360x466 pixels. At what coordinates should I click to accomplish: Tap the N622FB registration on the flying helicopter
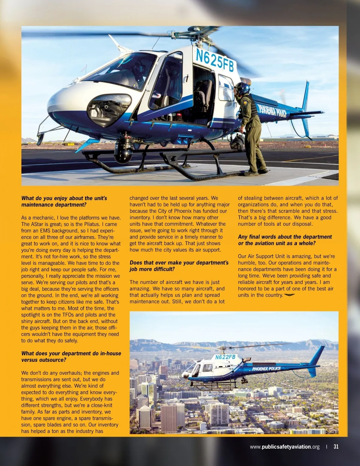(225, 357)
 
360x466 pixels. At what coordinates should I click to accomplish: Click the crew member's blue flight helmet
(243, 88)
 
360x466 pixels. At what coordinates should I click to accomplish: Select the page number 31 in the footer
(336, 446)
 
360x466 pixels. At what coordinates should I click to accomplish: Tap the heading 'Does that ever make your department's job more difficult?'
(179, 266)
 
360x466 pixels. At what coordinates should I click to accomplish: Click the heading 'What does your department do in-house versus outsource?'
(71, 356)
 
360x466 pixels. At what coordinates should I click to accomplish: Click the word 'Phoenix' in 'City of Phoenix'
(183, 211)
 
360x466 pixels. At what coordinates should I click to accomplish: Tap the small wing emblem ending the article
(289, 295)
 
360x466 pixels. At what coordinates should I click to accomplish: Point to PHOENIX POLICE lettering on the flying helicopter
(266, 368)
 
